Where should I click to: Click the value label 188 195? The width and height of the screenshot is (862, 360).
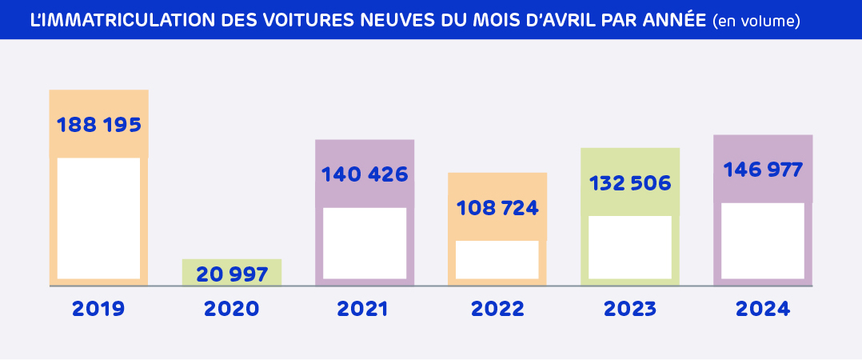click(x=99, y=126)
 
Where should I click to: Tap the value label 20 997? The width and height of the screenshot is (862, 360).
click(x=232, y=274)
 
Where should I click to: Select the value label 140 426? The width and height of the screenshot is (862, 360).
click(x=365, y=174)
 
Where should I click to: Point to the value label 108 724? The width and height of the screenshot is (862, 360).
click(x=497, y=209)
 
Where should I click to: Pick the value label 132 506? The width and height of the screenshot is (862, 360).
click(x=630, y=183)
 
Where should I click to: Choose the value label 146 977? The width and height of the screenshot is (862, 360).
click(x=763, y=170)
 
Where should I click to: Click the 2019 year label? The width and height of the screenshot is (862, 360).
click(x=98, y=309)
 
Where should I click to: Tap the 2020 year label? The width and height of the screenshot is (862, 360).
click(x=232, y=309)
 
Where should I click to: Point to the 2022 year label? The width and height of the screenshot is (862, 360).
click(x=497, y=309)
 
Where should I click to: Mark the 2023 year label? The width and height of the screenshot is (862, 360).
click(x=630, y=309)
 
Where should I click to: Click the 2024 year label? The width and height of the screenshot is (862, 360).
click(x=763, y=309)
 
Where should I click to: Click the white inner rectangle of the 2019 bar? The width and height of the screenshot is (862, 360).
click(x=98, y=218)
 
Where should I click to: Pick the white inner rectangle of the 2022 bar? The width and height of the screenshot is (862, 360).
click(x=497, y=259)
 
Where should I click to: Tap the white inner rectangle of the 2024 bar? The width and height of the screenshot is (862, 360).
click(x=763, y=240)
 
